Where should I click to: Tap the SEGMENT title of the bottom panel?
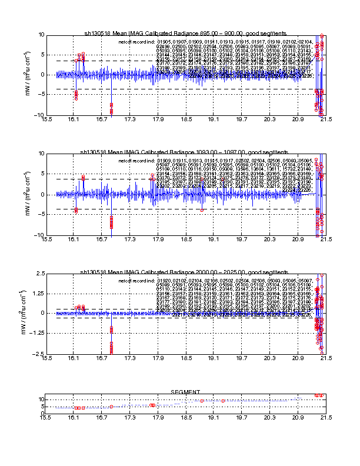click(186, 392)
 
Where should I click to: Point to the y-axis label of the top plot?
click(28, 75)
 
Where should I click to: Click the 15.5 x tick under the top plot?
click(45, 119)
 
